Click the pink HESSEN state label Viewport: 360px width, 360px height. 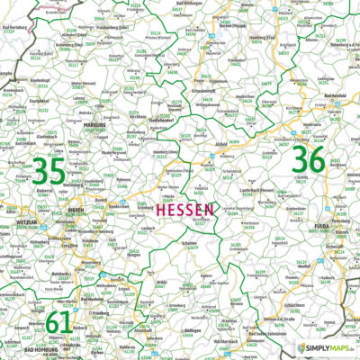tap(185, 209)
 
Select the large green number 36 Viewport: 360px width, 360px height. tap(309, 162)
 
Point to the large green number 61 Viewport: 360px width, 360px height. tap(58, 321)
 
